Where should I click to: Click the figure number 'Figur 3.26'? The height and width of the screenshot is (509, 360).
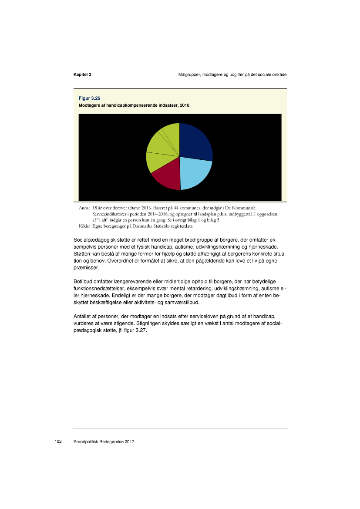click(89, 98)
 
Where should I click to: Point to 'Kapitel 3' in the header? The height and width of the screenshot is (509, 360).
click(82, 75)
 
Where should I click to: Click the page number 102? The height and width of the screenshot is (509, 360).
click(57, 442)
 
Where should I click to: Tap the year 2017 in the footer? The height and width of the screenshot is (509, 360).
click(129, 442)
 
